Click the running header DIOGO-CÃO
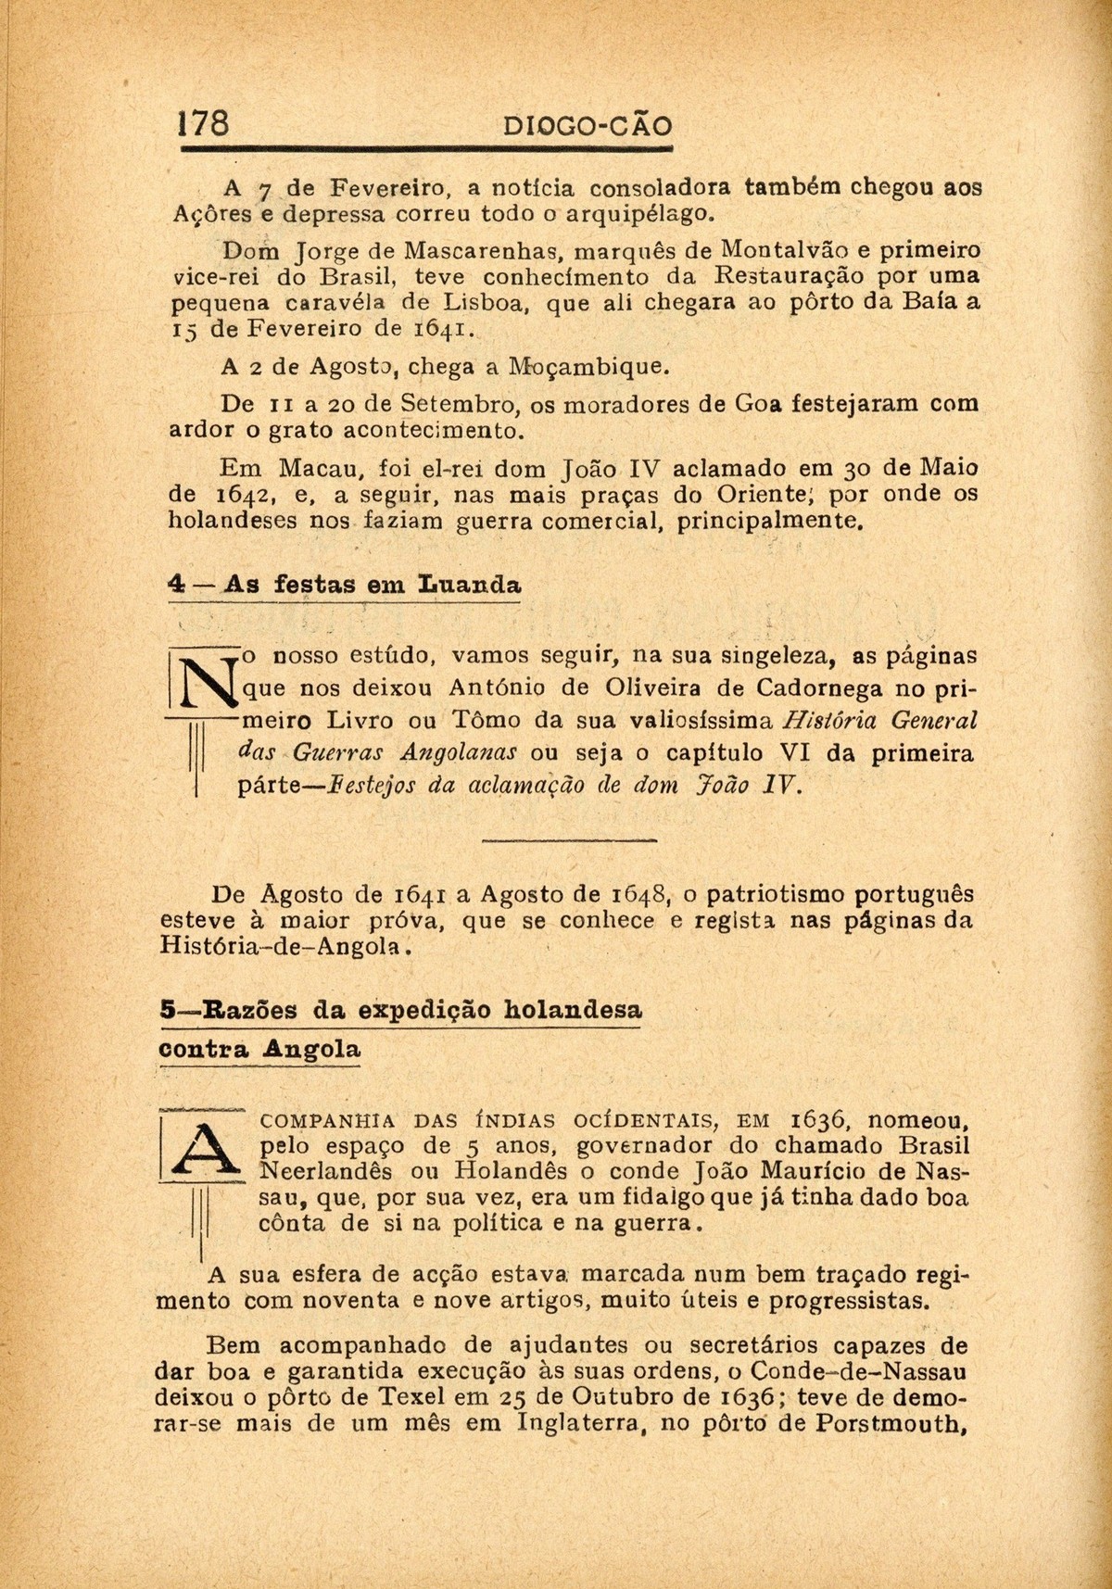[x=585, y=126]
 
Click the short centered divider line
[x=569, y=840]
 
